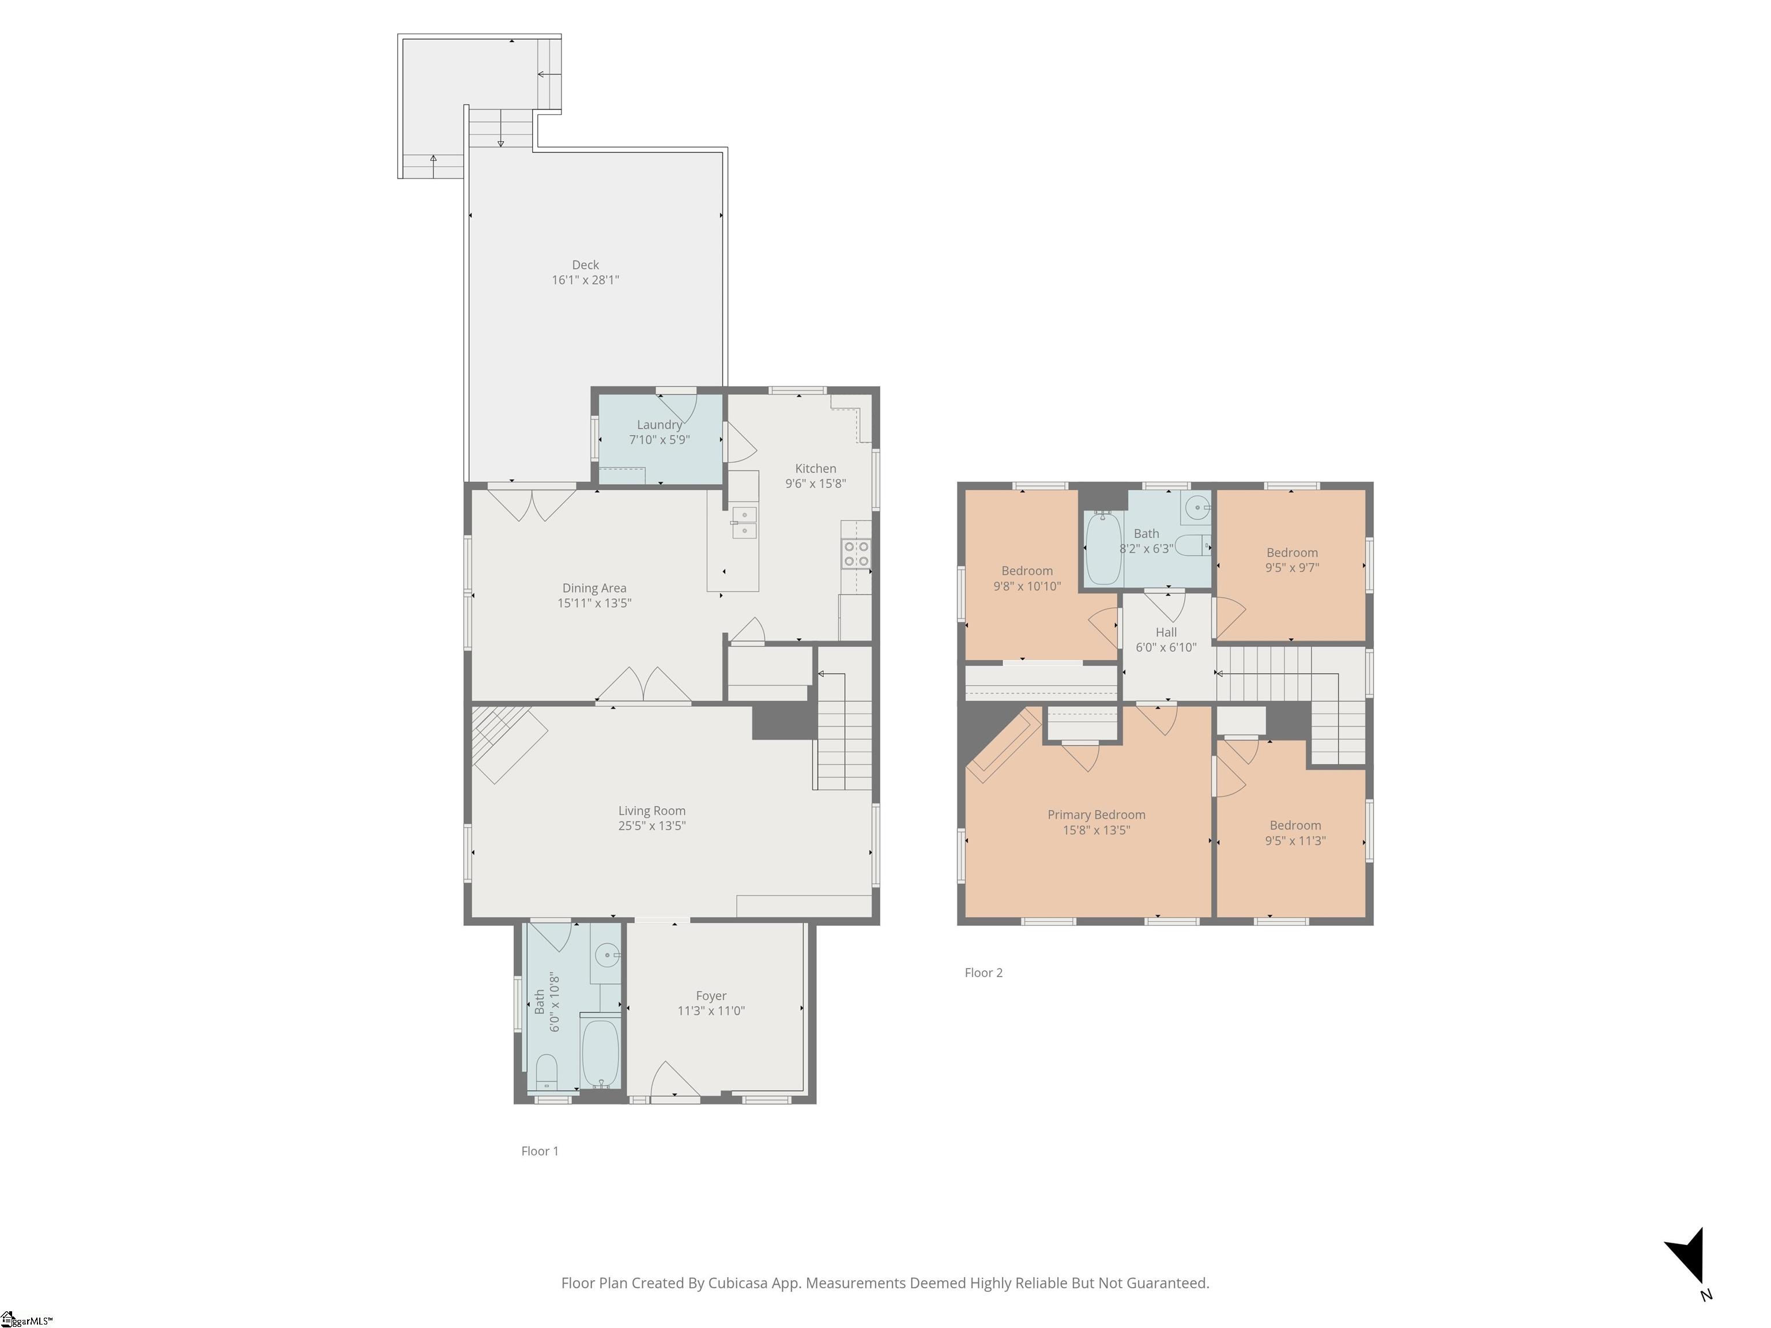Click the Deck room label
click(585, 265)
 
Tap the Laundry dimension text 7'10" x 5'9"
click(659, 439)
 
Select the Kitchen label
click(815, 468)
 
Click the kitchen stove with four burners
click(856, 554)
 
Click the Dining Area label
click(594, 588)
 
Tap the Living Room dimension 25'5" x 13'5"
click(651, 826)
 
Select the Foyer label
click(711, 996)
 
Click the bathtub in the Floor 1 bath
click(600, 1054)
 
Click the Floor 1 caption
click(540, 1151)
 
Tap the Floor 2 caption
click(983, 972)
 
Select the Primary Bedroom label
click(1096, 815)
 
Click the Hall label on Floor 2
click(1166, 632)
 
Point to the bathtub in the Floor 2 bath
click(1103, 549)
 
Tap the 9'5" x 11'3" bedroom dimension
click(1295, 840)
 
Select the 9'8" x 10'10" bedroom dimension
click(1027, 586)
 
